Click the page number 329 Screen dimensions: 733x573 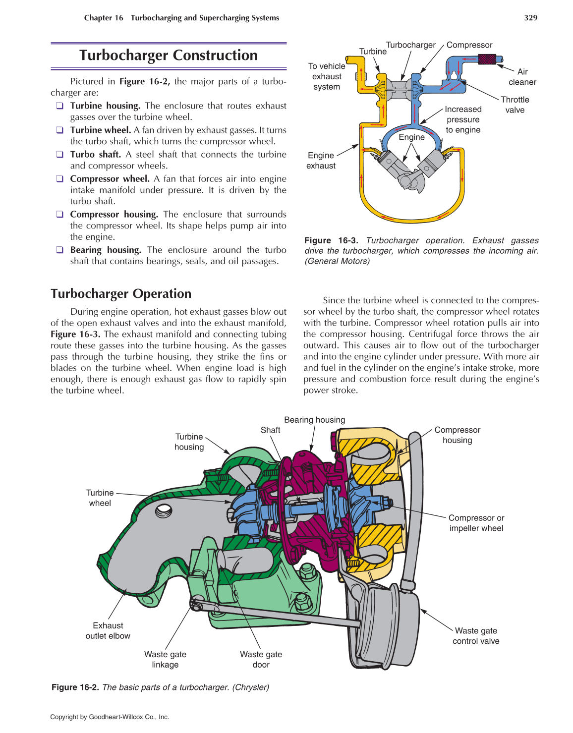pos(530,18)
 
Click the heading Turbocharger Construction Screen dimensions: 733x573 pos(169,55)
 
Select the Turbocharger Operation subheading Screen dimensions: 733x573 pos(121,293)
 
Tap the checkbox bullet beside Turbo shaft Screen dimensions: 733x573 pos(59,154)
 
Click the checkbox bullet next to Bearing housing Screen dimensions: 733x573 pos(59,250)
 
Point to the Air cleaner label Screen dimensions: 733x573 pos(522,77)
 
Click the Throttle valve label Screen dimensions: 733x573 pos(515,105)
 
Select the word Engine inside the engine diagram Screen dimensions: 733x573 pos(411,137)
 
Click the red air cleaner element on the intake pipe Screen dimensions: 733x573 pos(487,59)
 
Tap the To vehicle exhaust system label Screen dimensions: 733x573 pos(327,76)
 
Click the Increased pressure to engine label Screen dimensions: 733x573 pos(463,119)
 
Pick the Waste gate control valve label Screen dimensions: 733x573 pos(476,635)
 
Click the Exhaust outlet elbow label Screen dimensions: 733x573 pos(108,630)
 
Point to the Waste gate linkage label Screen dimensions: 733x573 pos(165,659)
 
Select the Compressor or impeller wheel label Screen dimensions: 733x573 pos(476,523)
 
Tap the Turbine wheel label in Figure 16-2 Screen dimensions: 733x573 pos(100,498)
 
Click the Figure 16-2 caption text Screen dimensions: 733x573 pos(160,687)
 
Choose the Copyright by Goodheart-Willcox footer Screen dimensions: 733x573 pos(110,717)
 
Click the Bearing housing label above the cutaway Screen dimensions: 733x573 pos(314,420)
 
